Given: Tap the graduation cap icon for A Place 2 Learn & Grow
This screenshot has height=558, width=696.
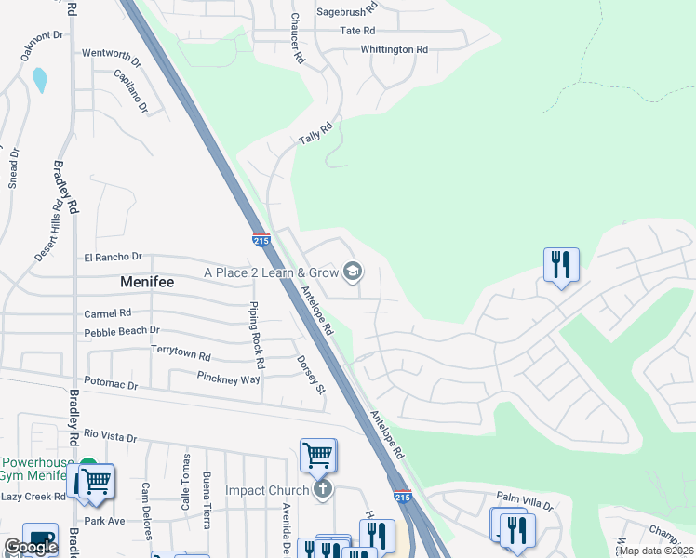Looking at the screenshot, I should click(x=352, y=272).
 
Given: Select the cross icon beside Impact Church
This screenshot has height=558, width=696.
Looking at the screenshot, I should click(x=323, y=489).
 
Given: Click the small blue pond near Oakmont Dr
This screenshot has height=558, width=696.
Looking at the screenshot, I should click(x=40, y=80).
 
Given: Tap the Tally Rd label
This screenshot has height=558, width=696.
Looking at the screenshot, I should click(x=315, y=135).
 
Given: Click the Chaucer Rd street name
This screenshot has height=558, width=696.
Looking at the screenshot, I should click(x=297, y=37).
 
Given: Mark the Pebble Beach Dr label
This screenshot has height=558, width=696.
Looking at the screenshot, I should click(x=122, y=331).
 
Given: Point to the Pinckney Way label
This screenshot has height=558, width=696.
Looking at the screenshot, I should click(x=228, y=378).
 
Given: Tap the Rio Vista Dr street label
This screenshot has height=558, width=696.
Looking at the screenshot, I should click(x=110, y=436).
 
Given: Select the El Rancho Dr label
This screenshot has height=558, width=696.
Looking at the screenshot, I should click(x=113, y=257).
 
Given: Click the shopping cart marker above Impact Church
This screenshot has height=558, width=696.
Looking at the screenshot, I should click(x=317, y=456).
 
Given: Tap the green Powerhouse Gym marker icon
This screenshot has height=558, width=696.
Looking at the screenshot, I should click(x=87, y=463).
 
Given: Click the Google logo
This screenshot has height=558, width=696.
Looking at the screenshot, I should click(x=30, y=547).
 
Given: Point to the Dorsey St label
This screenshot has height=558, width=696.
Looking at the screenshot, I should click(x=310, y=375).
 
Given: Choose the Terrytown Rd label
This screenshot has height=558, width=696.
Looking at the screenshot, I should click(x=181, y=354).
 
